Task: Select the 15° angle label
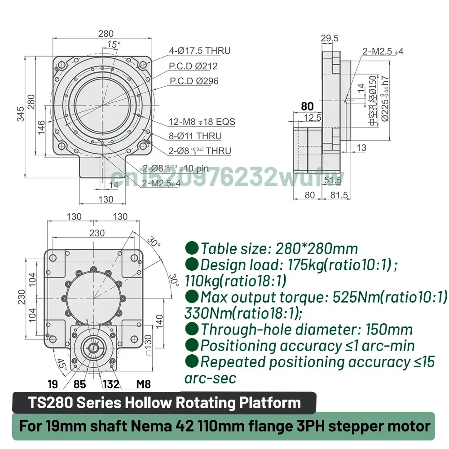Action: [114, 44]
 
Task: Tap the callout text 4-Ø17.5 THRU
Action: [199, 51]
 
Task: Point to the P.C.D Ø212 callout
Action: [193, 66]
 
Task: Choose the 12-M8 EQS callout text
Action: [202, 122]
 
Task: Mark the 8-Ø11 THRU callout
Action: [195, 136]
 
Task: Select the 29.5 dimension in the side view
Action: [330, 38]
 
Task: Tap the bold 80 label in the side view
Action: [307, 106]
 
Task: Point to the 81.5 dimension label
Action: [339, 195]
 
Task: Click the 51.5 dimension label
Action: [333, 180]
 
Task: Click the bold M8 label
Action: [143, 384]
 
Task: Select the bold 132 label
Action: [111, 384]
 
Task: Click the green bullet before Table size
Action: [192, 247]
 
